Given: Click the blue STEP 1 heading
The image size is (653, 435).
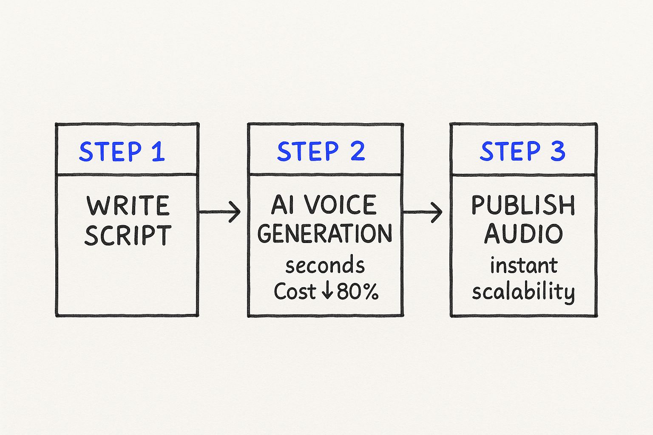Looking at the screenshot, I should click(x=122, y=152).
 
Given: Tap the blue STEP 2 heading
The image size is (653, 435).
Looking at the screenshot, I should click(x=321, y=151).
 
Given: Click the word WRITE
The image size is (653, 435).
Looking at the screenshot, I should click(x=128, y=206).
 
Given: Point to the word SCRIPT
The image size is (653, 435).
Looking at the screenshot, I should click(x=128, y=235).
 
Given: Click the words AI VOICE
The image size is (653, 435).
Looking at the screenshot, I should click(x=324, y=205).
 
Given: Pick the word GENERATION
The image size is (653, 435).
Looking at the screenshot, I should click(x=325, y=234).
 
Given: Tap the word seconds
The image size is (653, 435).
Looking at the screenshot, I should click(x=325, y=266).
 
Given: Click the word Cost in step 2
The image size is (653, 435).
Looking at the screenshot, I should click(x=295, y=292).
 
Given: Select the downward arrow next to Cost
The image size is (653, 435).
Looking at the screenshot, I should click(x=327, y=291).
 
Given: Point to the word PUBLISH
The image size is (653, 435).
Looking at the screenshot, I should click(x=523, y=205).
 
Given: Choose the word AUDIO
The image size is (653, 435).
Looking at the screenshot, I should click(x=523, y=234).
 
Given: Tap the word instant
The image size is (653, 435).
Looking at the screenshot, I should click(x=523, y=266).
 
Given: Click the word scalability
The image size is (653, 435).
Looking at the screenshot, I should click(x=523, y=292).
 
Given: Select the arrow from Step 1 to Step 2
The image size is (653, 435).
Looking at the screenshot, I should click(x=220, y=211).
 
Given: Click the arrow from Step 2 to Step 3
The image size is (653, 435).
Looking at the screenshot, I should click(x=423, y=211).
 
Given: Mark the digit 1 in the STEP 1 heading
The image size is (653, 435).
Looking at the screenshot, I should click(x=158, y=152).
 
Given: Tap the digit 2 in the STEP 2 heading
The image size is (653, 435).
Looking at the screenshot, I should click(x=358, y=151).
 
